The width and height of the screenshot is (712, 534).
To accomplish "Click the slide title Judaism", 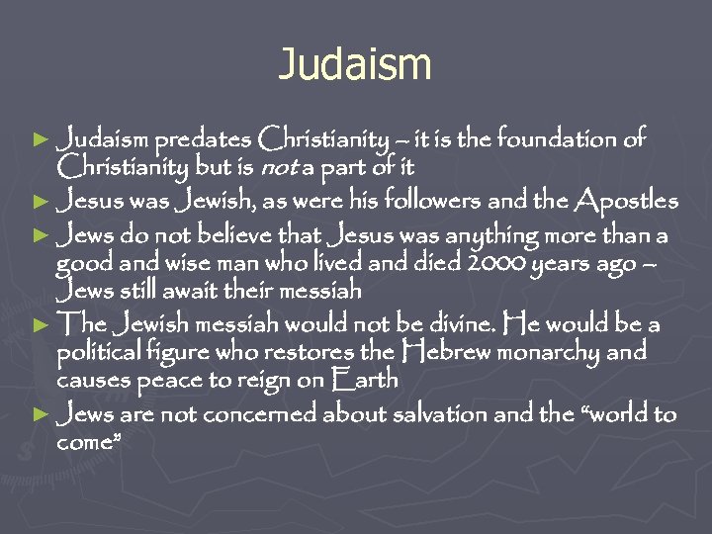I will click(x=355, y=65).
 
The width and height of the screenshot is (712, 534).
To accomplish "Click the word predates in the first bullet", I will click(x=203, y=139).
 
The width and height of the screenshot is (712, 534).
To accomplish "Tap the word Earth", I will click(x=368, y=380).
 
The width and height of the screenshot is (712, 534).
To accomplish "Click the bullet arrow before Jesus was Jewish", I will click(x=41, y=203).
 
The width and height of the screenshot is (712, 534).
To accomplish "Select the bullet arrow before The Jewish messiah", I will click(x=41, y=324).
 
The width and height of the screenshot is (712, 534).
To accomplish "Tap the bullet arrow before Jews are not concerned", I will click(x=41, y=415).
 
